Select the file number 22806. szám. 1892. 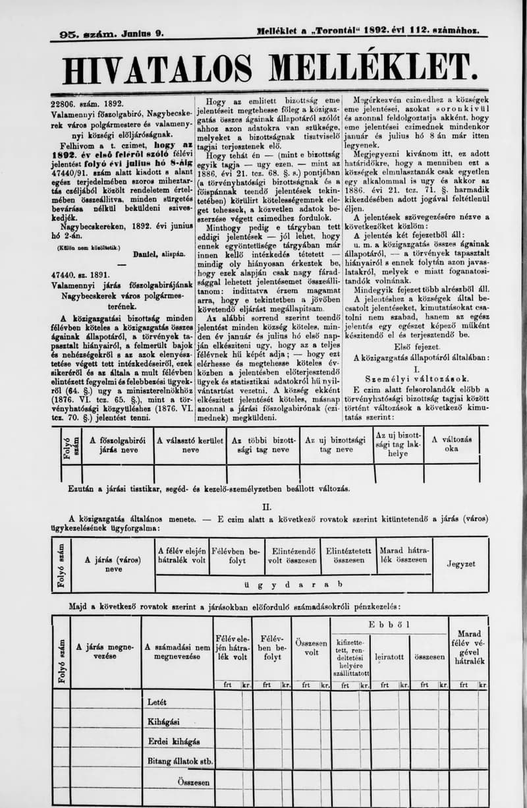pos(88,103)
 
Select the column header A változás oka pos(451,444)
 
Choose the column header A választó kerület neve pos(190,445)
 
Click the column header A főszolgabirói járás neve pos(117,445)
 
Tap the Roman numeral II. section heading pos(267,507)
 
